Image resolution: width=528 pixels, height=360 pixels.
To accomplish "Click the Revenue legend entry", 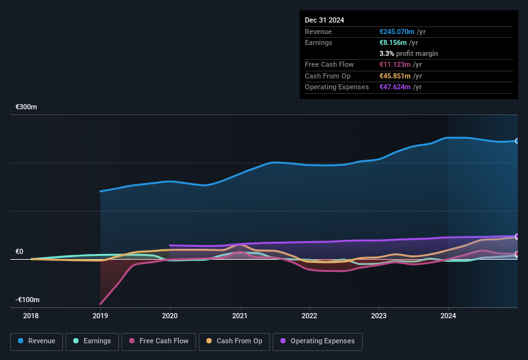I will (37, 341).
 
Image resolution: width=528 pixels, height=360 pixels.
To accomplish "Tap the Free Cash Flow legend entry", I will (159, 341).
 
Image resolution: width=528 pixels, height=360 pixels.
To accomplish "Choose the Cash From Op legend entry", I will (234, 341).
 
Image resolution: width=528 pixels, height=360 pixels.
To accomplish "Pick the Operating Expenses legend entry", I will (318, 341).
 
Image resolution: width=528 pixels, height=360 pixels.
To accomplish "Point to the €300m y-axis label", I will (26, 107).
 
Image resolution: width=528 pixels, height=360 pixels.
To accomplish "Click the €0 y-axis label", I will (20, 251).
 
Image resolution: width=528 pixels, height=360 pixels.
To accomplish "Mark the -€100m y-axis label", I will (28, 300).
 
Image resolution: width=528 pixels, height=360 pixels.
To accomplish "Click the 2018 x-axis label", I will (31, 316).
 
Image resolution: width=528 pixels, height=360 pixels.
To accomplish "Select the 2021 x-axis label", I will (240, 316).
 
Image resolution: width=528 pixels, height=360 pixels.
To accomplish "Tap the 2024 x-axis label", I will (448, 316).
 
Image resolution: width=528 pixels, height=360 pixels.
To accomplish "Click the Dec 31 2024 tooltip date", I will (324, 20).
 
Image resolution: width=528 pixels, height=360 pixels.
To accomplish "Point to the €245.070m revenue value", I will (397, 32).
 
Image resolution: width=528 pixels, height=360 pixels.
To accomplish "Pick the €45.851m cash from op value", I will (395, 76).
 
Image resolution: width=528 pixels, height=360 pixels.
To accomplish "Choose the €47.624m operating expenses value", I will (395, 87).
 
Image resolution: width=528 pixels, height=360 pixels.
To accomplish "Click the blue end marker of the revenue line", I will (516, 141).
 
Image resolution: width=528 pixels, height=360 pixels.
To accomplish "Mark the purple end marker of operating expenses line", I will (516, 237).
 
